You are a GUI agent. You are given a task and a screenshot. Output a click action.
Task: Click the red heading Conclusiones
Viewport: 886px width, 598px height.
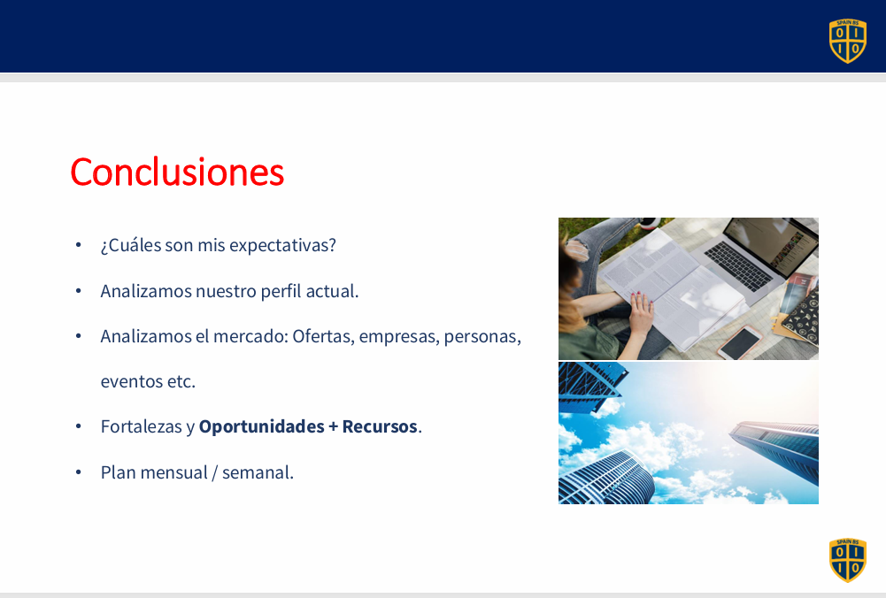tap(177, 172)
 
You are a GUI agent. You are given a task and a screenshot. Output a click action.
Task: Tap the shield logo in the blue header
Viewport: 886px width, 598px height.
tap(848, 41)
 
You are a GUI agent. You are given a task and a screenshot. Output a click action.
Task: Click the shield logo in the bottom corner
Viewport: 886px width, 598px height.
tap(848, 560)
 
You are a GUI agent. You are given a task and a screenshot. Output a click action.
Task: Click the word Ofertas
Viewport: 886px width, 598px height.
tap(324, 336)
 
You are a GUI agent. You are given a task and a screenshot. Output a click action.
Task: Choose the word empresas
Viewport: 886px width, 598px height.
tap(399, 337)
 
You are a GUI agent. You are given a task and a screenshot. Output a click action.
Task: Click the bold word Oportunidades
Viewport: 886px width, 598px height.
tap(262, 427)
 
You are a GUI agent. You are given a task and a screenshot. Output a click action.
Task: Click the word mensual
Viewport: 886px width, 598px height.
tap(174, 472)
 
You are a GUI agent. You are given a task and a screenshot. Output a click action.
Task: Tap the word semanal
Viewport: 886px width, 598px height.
tap(258, 472)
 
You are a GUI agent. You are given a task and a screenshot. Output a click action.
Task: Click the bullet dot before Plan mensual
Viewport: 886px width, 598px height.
tap(79, 472)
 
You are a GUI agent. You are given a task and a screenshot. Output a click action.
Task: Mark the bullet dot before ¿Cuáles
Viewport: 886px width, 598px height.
tap(79, 245)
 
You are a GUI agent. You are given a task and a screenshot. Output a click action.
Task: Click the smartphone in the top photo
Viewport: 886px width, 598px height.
tap(740, 341)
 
